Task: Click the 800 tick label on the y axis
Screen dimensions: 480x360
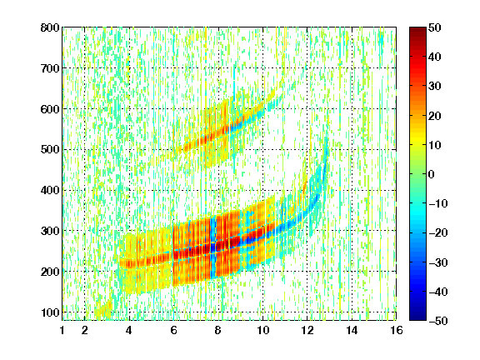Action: pos(50,27)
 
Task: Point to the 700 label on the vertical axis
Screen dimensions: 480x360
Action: pos(50,68)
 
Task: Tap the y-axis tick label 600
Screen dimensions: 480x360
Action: pos(50,109)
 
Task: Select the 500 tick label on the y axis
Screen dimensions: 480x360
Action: pos(50,150)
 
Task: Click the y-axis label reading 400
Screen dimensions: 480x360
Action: pos(50,190)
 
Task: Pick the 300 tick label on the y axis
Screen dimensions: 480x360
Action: pos(50,231)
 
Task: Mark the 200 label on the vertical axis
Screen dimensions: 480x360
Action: pos(50,272)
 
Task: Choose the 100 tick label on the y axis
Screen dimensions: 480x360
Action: pos(50,312)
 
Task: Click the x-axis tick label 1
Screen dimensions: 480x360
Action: pos(62,330)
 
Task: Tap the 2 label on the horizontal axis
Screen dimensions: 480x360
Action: pos(85,330)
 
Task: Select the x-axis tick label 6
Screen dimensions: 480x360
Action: pos(174,330)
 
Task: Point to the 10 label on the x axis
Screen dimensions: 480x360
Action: pos(263,330)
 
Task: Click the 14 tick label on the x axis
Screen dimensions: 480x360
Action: pos(352,330)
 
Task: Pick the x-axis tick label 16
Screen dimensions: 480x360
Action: pos(397,330)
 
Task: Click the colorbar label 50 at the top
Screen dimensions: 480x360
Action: pos(435,27)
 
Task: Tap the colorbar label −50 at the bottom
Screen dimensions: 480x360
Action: pos(438,321)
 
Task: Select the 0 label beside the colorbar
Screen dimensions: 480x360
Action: pos(432,174)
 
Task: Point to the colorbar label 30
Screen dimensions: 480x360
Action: pos(435,87)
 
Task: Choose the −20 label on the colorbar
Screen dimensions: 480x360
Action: pos(438,232)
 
